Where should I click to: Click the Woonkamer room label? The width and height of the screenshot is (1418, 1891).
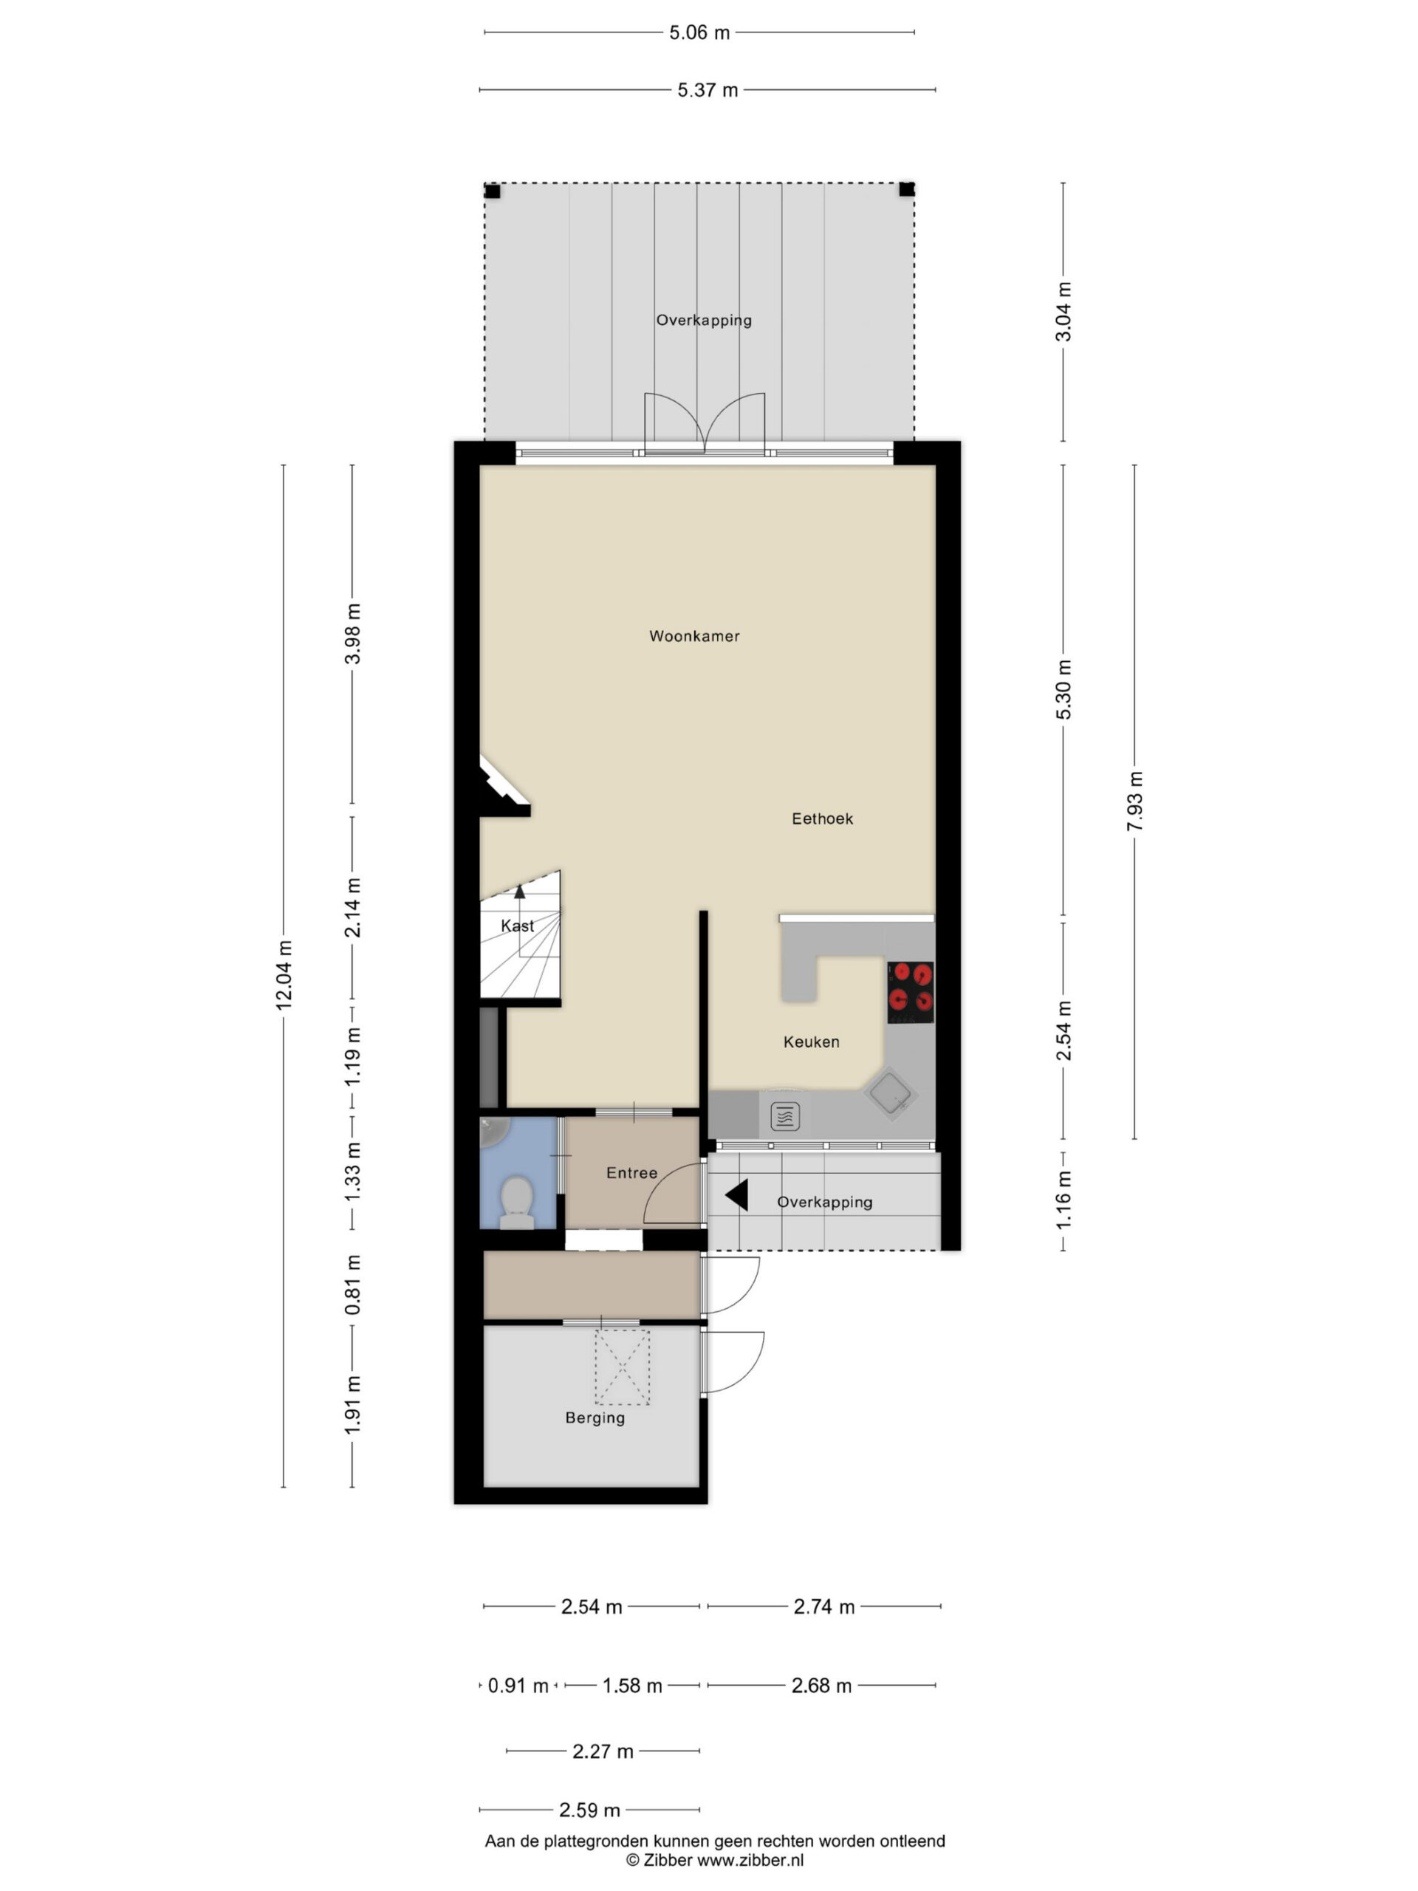[x=693, y=636]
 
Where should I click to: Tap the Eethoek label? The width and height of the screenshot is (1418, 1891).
[x=821, y=818]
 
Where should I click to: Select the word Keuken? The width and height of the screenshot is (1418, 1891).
[x=810, y=1042]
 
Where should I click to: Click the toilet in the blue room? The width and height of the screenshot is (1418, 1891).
[x=516, y=1202]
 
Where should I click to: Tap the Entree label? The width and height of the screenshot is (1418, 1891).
[x=631, y=1173]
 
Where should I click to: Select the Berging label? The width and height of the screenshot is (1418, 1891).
[x=595, y=1418]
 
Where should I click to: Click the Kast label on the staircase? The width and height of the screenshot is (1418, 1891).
[x=517, y=925]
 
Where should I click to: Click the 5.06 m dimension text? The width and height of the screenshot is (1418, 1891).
[x=699, y=33]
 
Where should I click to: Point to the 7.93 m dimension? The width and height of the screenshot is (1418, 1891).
[x=1134, y=801]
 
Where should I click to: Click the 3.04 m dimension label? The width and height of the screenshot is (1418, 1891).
[x=1063, y=311]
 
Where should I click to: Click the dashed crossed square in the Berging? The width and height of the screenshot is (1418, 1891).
[x=623, y=1367]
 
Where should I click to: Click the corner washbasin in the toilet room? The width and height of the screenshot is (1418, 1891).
[x=494, y=1131]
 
